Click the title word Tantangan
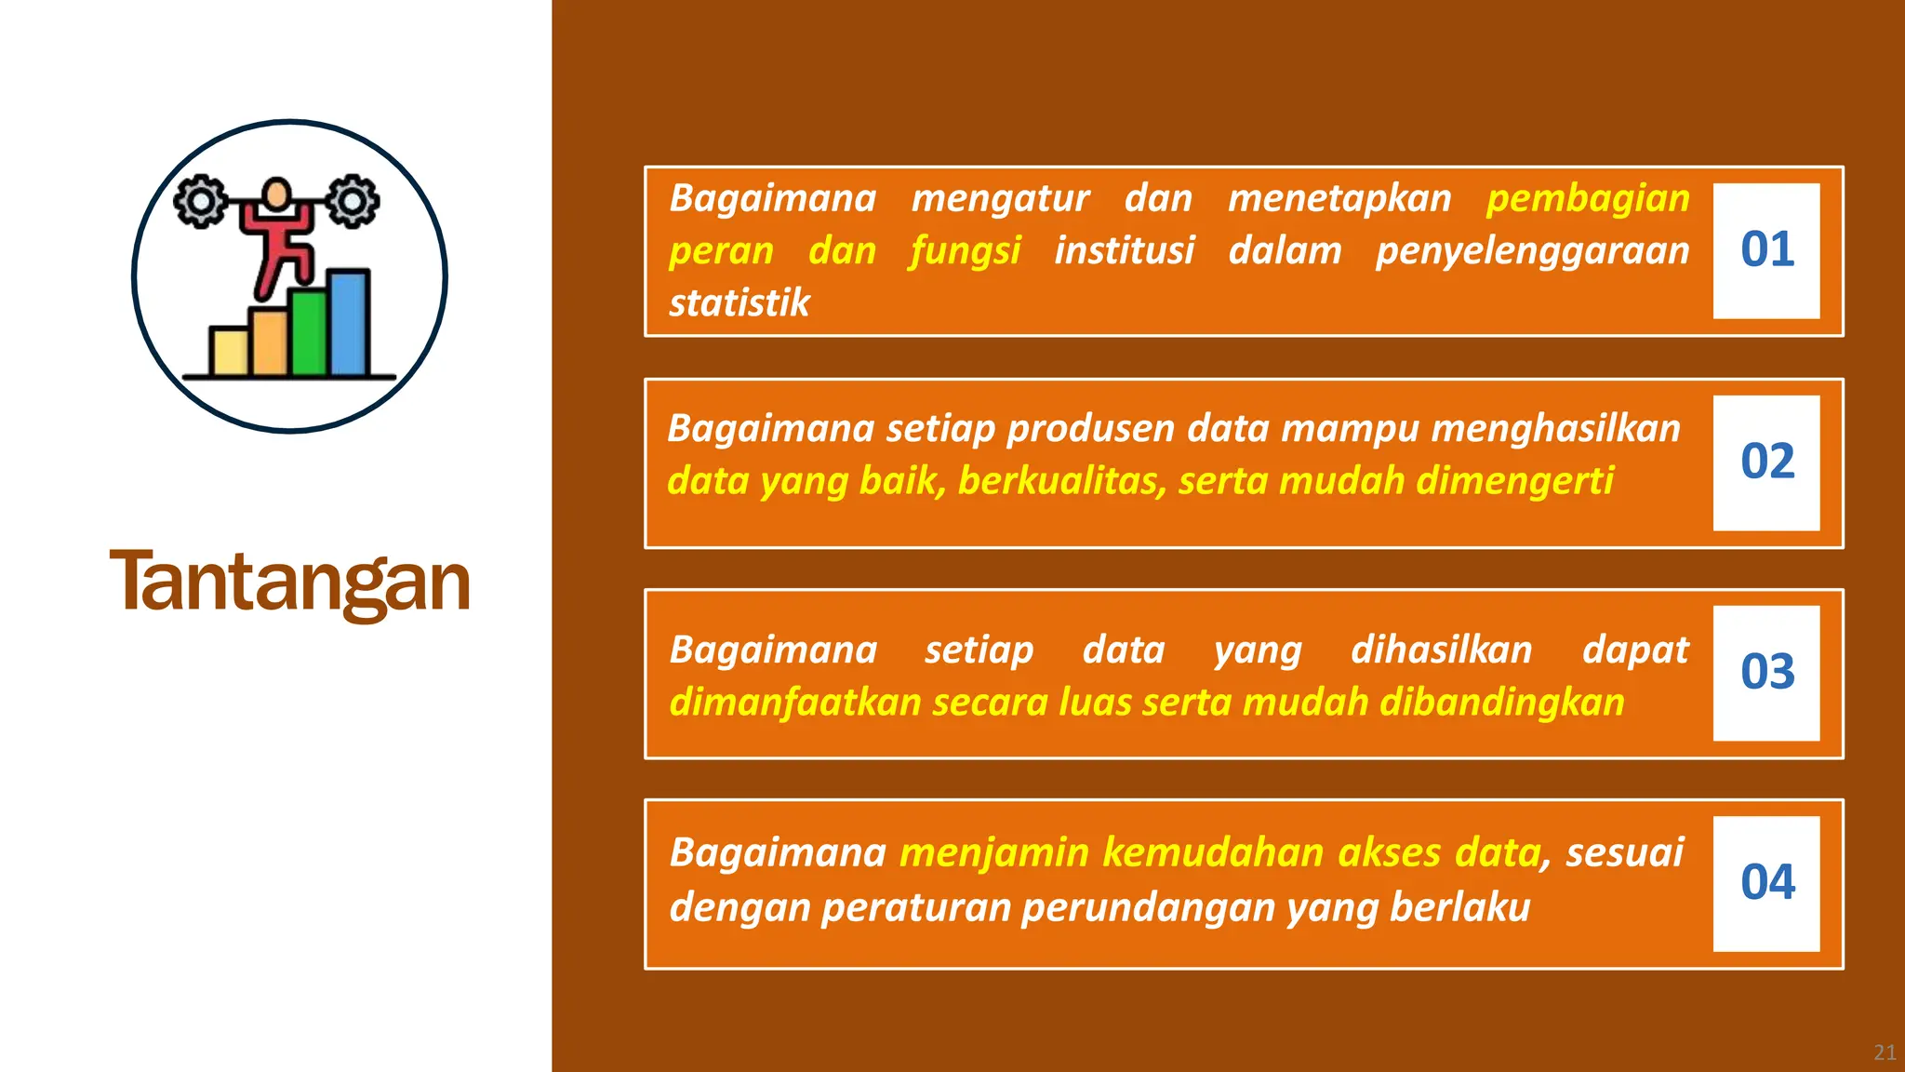coord(289,582)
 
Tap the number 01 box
coord(1766,250)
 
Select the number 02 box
coord(1766,462)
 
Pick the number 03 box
coord(1766,673)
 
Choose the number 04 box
coord(1766,883)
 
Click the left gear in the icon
coord(200,201)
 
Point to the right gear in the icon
coord(353,201)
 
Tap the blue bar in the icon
coord(350,323)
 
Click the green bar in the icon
coord(308,332)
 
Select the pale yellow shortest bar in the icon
coord(229,351)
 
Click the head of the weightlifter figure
coord(276,194)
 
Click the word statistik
coord(739,303)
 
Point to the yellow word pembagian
coord(1588,199)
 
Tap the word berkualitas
coord(1061,481)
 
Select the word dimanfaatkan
coord(795,703)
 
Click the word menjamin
coord(993,852)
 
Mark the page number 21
coord(1885,1052)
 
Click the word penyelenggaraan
coord(1532,251)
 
